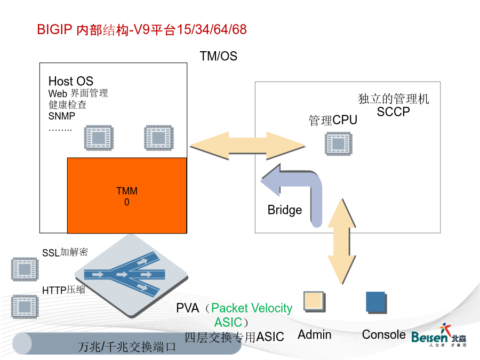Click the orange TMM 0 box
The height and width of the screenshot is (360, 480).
(127, 195)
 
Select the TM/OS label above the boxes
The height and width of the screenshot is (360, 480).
(218, 56)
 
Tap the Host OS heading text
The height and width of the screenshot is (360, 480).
(71, 81)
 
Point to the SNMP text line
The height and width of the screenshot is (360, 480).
(61, 116)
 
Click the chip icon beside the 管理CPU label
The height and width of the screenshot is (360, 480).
(338, 143)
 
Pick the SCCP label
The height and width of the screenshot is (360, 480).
(393, 112)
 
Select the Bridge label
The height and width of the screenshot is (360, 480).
(285, 210)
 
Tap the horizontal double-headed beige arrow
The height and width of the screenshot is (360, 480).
(247, 146)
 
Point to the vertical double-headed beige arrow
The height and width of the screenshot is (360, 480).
(342, 242)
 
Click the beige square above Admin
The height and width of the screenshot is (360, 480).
(314, 301)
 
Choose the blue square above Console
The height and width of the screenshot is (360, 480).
(376, 302)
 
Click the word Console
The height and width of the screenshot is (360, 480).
(383, 334)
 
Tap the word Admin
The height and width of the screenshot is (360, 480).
(314, 334)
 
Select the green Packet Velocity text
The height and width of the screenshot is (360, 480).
(252, 308)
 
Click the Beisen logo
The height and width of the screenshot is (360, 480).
(439, 335)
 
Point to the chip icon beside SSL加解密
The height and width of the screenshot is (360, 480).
(25, 269)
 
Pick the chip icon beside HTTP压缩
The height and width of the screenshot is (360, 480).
(25, 307)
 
